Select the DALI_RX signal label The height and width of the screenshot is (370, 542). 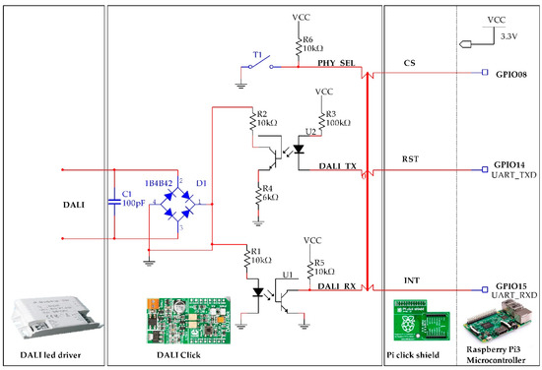tap(338, 284)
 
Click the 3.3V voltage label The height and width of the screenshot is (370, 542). tap(511, 35)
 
